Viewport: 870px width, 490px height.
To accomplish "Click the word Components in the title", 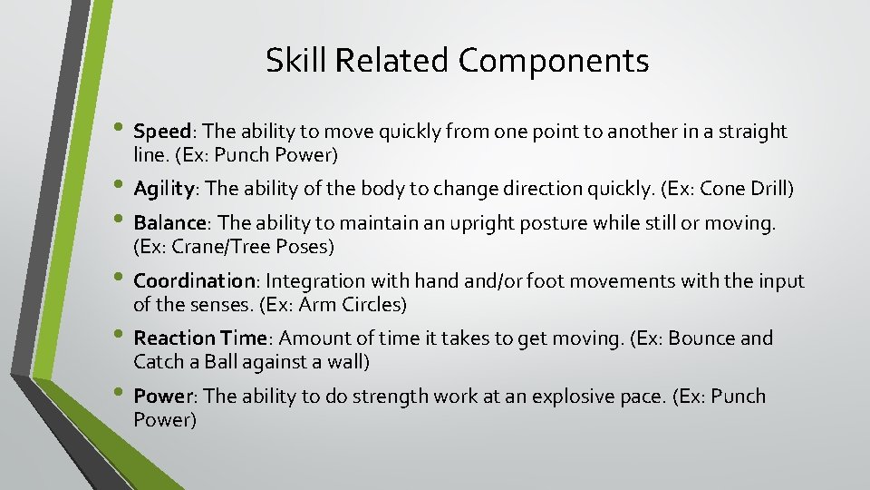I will tap(553, 61).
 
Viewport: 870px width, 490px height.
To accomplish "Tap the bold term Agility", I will tap(165, 189).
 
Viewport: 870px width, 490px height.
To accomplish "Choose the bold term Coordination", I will tap(194, 281).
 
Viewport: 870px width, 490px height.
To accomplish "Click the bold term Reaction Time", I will tap(199, 338).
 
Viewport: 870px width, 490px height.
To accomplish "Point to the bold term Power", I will tap(163, 397).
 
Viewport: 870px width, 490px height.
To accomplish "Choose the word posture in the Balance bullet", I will tap(520, 223).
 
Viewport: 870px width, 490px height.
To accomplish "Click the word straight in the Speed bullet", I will tap(752, 132).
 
